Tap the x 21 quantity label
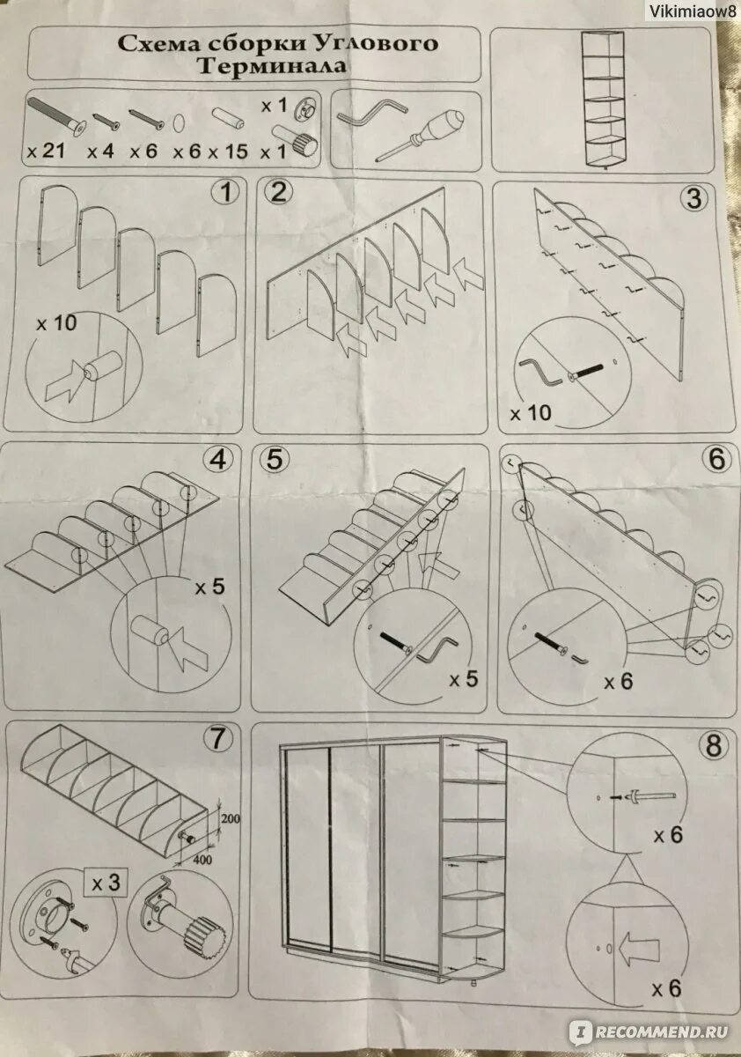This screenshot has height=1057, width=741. (46, 152)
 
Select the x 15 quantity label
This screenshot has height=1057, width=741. (228, 152)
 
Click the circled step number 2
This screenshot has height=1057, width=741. (278, 193)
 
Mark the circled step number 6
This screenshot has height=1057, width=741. (717, 459)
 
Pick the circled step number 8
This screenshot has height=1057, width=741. (714, 746)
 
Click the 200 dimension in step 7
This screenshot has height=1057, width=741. (230, 818)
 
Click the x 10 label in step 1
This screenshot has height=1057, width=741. (56, 324)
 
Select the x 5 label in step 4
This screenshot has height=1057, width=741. (210, 588)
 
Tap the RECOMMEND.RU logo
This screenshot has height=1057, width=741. (649, 1031)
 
